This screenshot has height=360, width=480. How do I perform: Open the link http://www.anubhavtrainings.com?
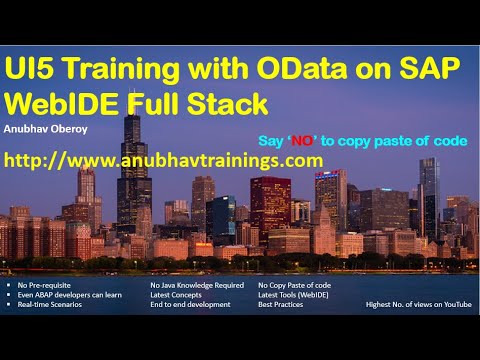[163, 160]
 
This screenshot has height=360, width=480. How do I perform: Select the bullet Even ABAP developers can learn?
[65, 295]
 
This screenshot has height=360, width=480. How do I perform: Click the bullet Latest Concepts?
[175, 295]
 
